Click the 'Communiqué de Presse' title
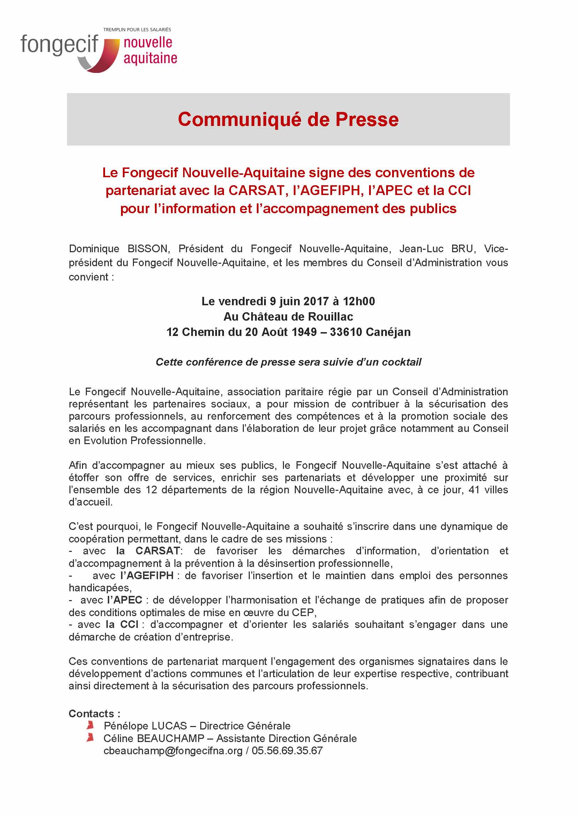pyautogui.click(x=288, y=119)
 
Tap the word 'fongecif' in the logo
pyautogui.click(x=59, y=45)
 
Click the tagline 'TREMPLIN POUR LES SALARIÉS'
pyautogui.click(x=137, y=30)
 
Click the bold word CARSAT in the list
pyautogui.click(x=158, y=551)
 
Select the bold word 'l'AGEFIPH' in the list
pyautogui.click(x=147, y=575)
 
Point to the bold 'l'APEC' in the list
pyautogui.click(x=124, y=600)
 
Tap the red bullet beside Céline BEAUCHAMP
pyautogui.click(x=90, y=738)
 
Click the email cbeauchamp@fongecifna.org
pyautogui.click(x=173, y=751)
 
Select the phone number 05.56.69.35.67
pyautogui.click(x=287, y=751)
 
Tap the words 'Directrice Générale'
pyautogui.click(x=245, y=726)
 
